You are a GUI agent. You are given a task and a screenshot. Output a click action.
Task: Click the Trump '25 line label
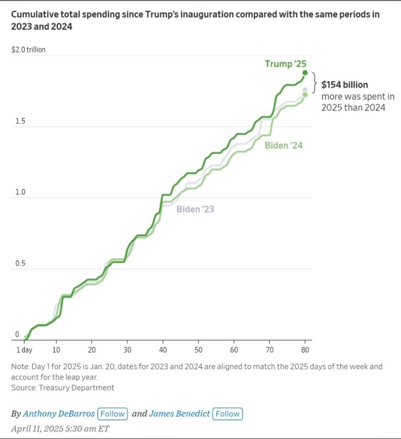pos(286,64)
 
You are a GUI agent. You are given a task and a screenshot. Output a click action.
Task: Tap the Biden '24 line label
pos(284,145)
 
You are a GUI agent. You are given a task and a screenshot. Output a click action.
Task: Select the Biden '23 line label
pos(195,209)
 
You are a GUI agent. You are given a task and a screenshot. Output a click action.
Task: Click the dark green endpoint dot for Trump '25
pos(305,73)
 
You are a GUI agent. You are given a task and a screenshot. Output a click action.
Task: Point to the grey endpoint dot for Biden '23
pos(305,90)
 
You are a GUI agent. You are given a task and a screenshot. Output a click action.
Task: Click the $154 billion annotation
pos(344,84)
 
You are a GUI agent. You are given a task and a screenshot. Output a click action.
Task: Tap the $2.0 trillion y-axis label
pos(28,50)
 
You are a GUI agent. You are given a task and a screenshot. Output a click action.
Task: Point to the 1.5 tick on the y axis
pos(20,121)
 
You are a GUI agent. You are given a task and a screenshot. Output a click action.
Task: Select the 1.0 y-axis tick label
pos(20,192)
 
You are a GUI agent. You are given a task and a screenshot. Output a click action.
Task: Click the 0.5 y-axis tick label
pos(20,263)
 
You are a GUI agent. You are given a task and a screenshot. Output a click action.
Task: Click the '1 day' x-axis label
pos(24,350)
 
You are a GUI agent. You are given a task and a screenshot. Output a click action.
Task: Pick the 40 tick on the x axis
pos(163,350)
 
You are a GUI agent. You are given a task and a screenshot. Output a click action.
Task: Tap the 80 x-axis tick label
pos(305,350)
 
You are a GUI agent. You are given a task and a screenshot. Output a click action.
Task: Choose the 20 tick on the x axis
pos(92,350)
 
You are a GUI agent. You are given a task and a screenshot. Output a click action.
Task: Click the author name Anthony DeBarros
pos(59,414)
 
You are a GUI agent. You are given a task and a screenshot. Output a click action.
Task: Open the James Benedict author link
pos(179,414)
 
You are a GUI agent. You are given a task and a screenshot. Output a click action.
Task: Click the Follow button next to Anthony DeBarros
pos(113,414)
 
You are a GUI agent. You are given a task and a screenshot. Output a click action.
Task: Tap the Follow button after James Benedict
pos(228,414)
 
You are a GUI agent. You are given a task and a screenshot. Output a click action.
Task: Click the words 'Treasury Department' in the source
pos(76,388)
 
